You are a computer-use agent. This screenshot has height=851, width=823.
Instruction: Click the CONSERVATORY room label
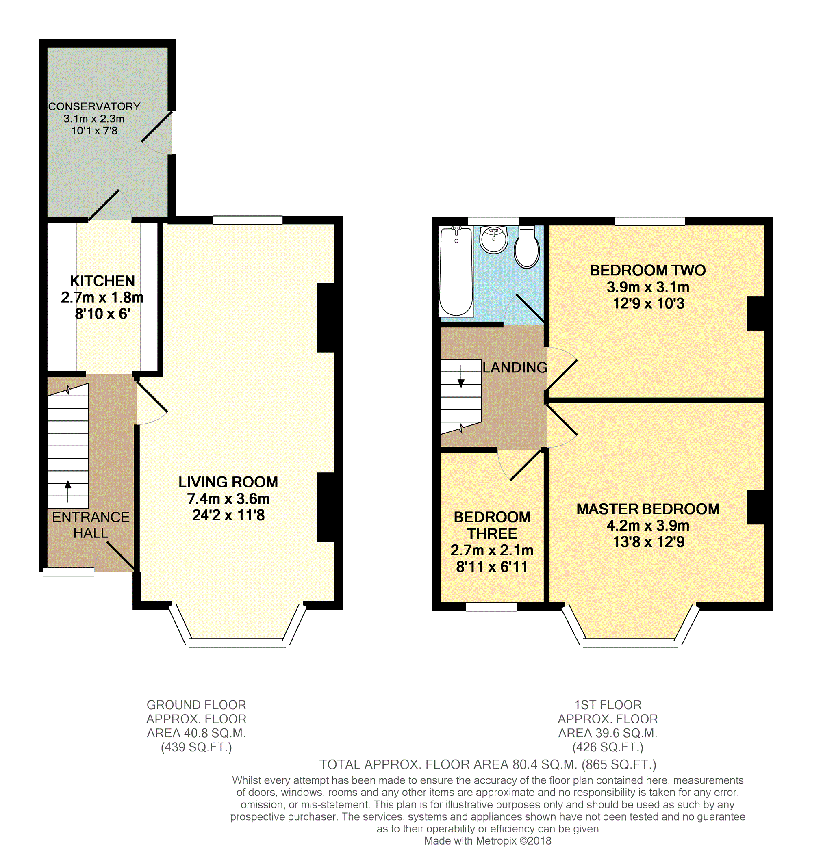(x=94, y=107)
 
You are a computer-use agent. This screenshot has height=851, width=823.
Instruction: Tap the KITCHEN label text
(x=102, y=282)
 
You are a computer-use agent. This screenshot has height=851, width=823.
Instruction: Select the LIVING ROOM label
(x=228, y=482)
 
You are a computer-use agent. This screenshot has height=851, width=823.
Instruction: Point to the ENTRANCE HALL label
(x=91, y=525)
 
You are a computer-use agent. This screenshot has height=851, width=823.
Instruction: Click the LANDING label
(x=515, y=368)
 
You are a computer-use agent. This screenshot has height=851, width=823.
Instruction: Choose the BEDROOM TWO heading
(x=648, y=271)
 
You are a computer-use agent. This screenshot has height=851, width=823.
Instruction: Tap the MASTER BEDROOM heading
(x=648, y=509)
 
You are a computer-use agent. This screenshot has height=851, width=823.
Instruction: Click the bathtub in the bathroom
(x=456, y=271)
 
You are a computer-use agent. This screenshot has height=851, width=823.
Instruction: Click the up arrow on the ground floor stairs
(x=68, y=491)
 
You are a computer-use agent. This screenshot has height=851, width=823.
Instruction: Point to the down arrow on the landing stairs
(x=461, y=376)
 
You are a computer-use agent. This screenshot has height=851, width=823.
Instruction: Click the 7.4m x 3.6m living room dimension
(x=228, y=499)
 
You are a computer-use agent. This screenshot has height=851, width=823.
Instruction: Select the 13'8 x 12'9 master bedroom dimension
(x=649, y=542)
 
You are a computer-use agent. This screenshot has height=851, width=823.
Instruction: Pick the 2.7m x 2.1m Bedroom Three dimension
(x=492, y=550)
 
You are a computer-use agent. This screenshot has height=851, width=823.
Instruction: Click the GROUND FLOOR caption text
(x=196, y=705)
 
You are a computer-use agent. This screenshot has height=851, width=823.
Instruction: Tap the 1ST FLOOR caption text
(x=608, y=705)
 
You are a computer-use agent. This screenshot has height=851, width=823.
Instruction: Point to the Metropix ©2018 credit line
(x=488, y=841)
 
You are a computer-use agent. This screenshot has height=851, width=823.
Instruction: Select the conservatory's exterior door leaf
(x=157, y=127)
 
